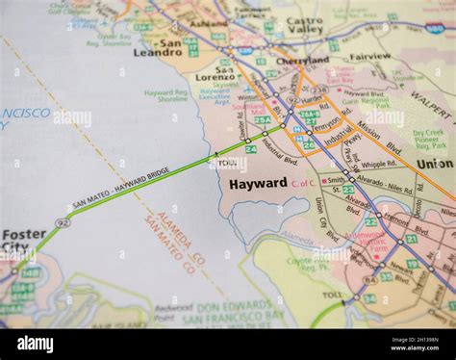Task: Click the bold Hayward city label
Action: coord(258,183)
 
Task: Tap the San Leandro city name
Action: coord(157,47)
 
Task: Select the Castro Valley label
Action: coord(305,25)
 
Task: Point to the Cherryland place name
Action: coord(302,60)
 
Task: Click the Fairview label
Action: coord(369,57)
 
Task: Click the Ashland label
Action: coord(208,22)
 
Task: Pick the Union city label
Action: coord(435,164)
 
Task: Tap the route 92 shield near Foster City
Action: coord(63,222)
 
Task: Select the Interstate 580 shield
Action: coord(435,29)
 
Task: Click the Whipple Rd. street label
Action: coord(377,165)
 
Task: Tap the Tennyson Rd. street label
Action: coord(326,123)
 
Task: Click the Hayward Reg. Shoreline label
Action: coord(165,96)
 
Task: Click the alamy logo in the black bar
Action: coord(35,344)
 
